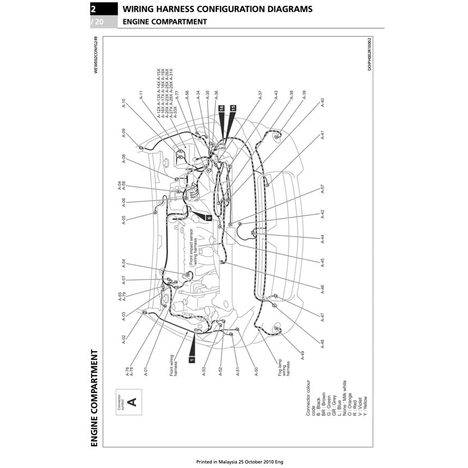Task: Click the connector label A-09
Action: pos(124,133)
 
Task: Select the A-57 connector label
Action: pos(323,189)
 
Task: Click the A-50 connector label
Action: pos(256,373)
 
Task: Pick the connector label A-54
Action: pos(124,263)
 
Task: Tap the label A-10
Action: pos(124,104)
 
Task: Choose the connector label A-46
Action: pos(323,289)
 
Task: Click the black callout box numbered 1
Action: pos(191,359)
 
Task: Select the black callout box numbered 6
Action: pos(209,217)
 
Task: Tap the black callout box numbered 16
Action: pos(221,108)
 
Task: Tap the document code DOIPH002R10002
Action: pos(369,54)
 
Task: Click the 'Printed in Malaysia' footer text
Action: pos(240,461)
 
